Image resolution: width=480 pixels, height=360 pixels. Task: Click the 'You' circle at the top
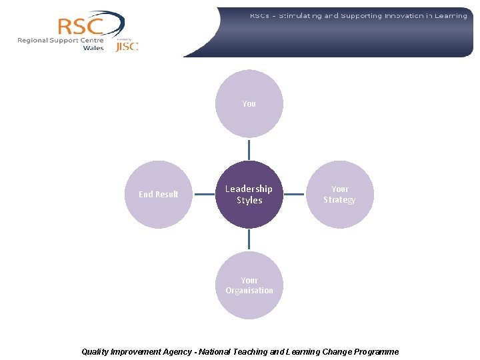[249, 104]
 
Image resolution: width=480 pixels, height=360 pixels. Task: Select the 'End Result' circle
[159, 195]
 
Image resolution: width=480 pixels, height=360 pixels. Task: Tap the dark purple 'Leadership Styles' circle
[249, 195]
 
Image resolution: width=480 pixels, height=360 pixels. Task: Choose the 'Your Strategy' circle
[340, 195]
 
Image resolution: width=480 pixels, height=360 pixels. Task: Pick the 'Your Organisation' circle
[249, 285]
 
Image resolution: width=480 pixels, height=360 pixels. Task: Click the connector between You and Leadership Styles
[249, 149]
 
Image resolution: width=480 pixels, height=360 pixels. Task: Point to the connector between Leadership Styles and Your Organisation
[249, 239]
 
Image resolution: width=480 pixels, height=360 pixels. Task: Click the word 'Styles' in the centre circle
[249, 201]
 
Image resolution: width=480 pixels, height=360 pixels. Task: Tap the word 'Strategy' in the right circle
[340, 200]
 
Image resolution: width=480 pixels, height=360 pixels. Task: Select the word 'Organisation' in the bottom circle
[249, 291]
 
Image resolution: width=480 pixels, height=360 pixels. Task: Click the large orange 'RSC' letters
[80, 27]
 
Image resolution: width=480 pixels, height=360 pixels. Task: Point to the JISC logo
[127, 46]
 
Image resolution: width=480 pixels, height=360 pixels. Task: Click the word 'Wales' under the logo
[93, 48]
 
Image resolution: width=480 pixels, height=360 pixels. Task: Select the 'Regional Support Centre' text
[61, 40]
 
